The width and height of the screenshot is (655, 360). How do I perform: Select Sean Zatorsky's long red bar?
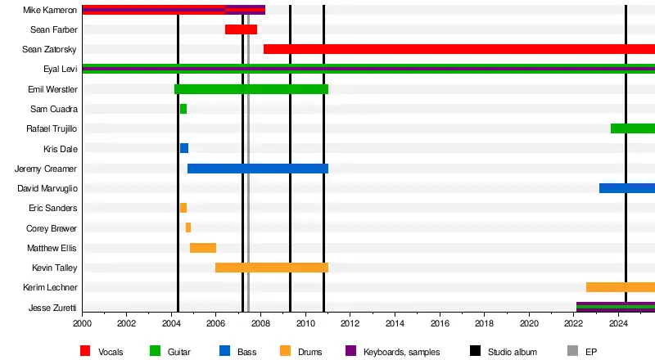point(458,49)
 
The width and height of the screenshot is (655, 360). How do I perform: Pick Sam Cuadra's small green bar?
point(183,109)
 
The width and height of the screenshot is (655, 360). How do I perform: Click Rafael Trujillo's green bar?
point(632,128)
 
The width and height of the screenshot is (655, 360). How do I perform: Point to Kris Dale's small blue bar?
point(184,148)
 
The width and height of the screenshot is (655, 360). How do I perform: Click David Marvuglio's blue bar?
point(626,188)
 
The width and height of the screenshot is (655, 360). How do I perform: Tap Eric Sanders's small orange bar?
point(183,208)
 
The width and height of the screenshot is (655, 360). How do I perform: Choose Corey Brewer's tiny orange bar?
point(188,227)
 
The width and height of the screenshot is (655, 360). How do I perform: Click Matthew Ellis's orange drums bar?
point(203,248)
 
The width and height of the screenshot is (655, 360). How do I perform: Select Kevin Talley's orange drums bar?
point(271,268)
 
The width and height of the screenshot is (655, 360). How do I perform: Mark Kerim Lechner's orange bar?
point(620,287)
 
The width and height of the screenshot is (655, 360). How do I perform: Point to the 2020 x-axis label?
point(529,323)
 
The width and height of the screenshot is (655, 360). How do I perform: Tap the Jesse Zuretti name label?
point(52,308)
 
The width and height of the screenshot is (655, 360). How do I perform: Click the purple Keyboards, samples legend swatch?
point(350,351)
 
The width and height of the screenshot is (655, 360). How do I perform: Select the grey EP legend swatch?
point(571,351)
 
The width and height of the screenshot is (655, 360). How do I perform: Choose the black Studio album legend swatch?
point(475,351)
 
